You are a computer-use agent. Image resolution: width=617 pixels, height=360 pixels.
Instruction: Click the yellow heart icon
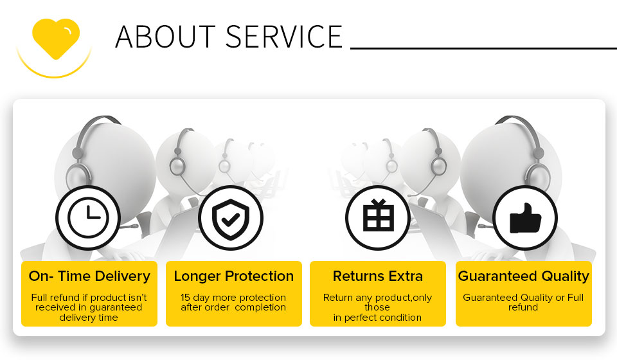pyautogui.click(x=56, y=39)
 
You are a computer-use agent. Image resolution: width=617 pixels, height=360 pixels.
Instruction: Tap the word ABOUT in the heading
pyautogui.click(x=165, y=37)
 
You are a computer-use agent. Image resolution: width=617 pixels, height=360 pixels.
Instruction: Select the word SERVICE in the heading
pyautogui.click(x=284, y=37)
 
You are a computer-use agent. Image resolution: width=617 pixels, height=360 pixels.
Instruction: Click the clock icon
pyautogui.click(x=88, y=217)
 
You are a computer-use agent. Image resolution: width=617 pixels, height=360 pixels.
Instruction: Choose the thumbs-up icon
pyautogui.click(x=525, y=219)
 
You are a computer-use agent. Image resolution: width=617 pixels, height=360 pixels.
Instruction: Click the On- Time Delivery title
pyautogui.click(x=89, y=276)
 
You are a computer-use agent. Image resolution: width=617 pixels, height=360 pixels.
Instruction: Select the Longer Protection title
pyautogui.click(x=234, y=276)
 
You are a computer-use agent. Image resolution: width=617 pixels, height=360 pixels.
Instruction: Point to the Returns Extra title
pyautogui.click(x=378, y=276)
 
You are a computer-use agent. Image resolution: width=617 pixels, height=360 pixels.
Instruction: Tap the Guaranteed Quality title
pyautogui.click(x=523, y=276)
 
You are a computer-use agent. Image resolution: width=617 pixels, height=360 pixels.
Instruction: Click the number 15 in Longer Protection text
pyautogui.click(x=185, y=298)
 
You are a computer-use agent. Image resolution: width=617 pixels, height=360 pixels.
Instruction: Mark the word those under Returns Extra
pyautogui.click(x=377, y=307)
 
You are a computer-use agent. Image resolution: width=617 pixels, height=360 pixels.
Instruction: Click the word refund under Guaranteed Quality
pyautogui.click(x=523, y=307)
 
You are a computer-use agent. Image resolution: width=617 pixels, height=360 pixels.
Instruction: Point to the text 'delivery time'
pyautogui.click(x=89, y=318)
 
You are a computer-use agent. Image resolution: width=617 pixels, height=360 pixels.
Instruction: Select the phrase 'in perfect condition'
pyautogui.click(x=377, y=318)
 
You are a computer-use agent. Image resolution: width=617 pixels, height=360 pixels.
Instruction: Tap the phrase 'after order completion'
pyautogui.click(x=233, y=307)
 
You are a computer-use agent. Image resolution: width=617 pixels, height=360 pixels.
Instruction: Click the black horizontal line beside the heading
pyautogui.click(x=483, y=48)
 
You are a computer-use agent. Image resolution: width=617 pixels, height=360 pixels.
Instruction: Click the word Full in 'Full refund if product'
pyautogui.click(x=39, y=298)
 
